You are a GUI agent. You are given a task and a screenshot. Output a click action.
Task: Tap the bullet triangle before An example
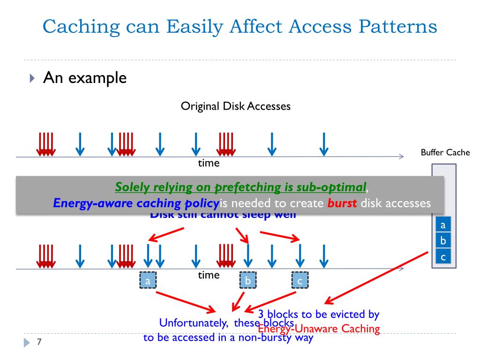click(31, 77)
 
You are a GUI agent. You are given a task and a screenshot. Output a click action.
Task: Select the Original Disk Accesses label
click(236, 106)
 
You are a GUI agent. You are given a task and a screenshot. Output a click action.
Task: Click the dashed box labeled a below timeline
click(148, 281)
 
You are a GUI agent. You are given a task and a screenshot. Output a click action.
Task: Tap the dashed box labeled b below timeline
click(248, 281)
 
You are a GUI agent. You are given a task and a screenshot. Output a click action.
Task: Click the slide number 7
click(39, 342)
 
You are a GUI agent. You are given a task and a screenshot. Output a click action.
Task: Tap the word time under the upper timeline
click(209, 163)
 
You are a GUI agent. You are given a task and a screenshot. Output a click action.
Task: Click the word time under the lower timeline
click(209, 275)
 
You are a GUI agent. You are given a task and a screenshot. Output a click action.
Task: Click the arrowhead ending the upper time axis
click(401, 157)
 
